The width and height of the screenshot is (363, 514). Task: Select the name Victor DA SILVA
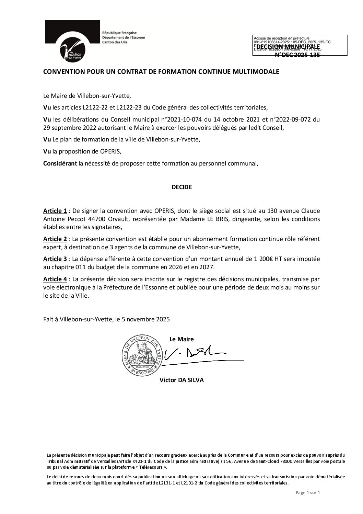click(181, 380)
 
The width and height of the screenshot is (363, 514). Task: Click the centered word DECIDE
click(181, 187)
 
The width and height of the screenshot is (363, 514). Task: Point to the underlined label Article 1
click(55, 211)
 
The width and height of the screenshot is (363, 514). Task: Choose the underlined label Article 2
click(55, 239)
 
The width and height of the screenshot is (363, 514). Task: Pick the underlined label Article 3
click(55, 259)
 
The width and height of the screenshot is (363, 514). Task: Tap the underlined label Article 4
click(55, 279)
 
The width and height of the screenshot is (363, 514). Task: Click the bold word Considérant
click(60, 163)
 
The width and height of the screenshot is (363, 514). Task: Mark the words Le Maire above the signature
click(181, 339)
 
